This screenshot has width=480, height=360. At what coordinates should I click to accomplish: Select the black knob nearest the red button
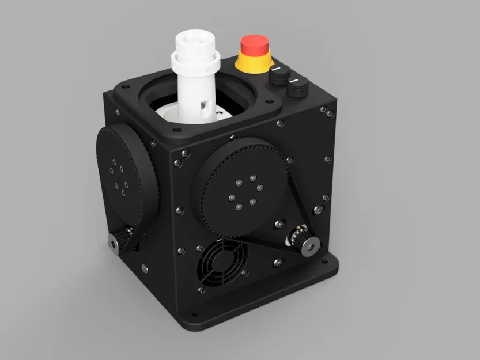pyautogui.click(x=279, y=75)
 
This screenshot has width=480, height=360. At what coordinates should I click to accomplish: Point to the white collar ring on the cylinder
pyautogui.click(x=194, y=60)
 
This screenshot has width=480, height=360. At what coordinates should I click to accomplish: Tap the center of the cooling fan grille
pyautogui.click(x=222, y=262)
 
